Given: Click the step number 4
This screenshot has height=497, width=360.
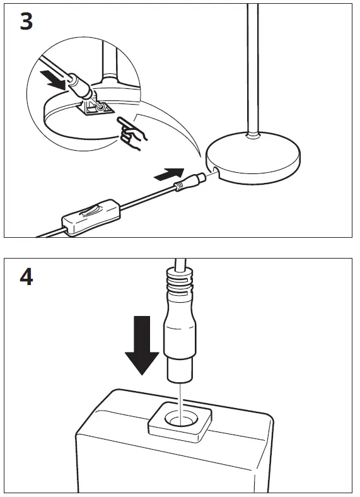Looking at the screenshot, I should tap(26, 278).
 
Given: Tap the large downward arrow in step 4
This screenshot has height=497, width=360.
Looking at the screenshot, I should tap(141, 345).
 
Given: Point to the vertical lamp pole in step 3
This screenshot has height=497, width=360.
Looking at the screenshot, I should tap(253, 63).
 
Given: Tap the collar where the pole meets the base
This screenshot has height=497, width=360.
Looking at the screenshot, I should tap(253, 134).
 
